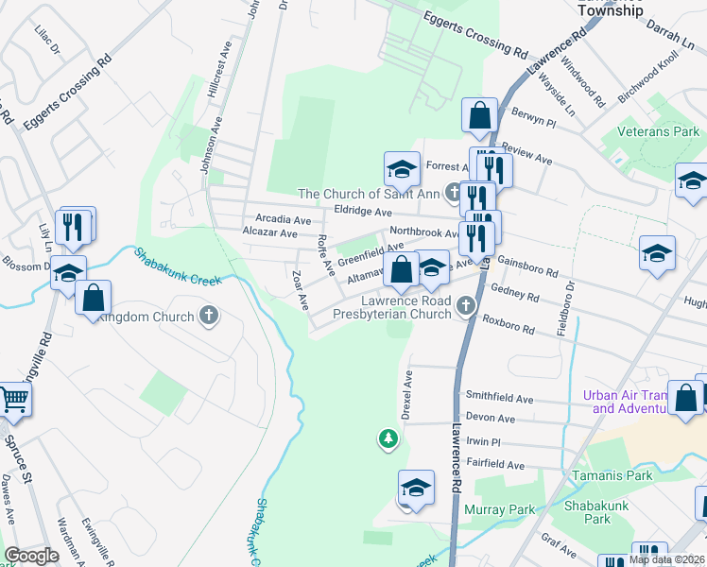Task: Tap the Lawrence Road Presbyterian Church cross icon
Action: coord(465,305)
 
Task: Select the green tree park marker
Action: coord(388,438)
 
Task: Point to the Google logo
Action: coord(31,556)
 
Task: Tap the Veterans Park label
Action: coord(658,131)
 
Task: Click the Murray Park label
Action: coord(500,509)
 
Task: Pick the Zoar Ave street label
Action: coord(300,290)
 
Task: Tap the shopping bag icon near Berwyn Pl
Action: coord(479,115)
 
